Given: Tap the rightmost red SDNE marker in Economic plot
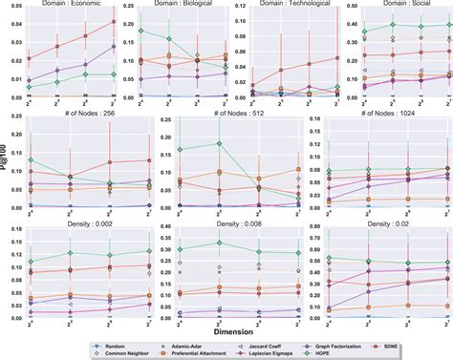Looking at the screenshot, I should (x=115, y=21).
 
